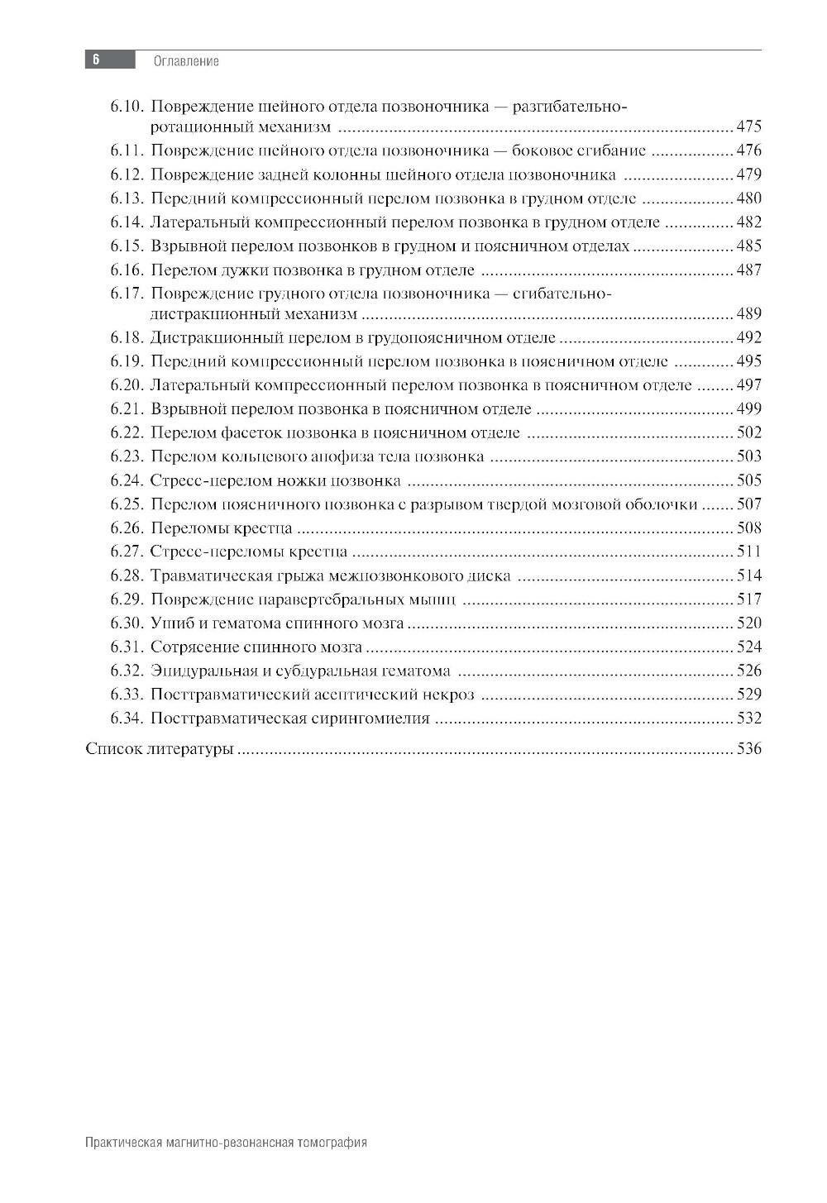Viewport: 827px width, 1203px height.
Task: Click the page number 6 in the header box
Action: click(96, 60)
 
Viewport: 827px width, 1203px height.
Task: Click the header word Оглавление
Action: click(186, 61)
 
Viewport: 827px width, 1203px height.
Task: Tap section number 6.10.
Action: click(127, 107)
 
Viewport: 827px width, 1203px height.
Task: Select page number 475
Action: click(748, 127)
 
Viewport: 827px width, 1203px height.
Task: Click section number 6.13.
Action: click(127, 198)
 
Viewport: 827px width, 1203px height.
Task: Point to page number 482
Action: click(748, 222)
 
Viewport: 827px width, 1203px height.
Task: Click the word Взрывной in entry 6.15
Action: click(184, 246)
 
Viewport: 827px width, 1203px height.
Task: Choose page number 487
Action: click(748, 270)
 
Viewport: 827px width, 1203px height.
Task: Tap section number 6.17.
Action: click(127, 294)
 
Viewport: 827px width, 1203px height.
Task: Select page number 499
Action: click(748, 408)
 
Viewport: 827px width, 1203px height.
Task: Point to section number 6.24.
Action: click(127, 480)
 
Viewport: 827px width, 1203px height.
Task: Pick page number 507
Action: click(748, 504)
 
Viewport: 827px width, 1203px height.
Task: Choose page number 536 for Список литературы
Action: click(748, 750)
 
